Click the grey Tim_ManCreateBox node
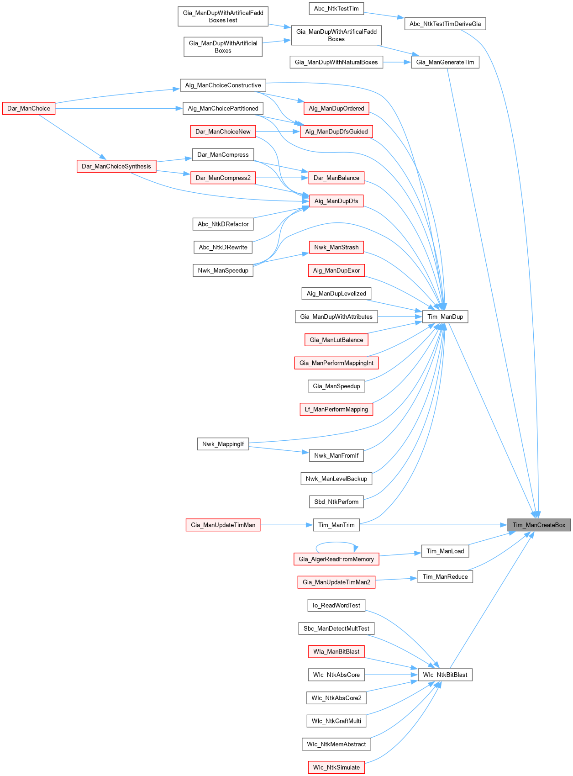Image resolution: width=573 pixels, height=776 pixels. pos(539,525)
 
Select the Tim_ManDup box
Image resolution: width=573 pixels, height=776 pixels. pos(445,317)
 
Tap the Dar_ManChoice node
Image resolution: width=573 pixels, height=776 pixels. pos(29,108)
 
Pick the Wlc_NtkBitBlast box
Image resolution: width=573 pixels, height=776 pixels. pos(445,675)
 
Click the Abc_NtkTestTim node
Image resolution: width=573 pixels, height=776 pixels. pos(336,8)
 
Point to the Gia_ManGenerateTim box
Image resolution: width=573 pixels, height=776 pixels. pos(445,62)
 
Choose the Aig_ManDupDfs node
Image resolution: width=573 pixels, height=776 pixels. pos(336,201)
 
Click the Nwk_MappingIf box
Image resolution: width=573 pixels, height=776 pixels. pos(223,444)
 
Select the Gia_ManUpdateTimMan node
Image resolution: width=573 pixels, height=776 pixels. pos(223,525)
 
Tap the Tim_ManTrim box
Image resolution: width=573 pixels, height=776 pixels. pos(336,525)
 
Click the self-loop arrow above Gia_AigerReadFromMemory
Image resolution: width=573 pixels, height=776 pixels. pos(336,543)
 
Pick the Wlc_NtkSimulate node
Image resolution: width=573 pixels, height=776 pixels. pos(336,767)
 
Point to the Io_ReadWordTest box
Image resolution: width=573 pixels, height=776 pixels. pos(336,605)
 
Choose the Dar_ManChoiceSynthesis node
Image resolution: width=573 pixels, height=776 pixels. pos(116,166)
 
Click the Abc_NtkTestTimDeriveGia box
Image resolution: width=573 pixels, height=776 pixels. pos(445,24)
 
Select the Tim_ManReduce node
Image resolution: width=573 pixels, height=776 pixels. pos(445,576)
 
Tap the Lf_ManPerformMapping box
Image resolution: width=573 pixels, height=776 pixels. pos(336,409)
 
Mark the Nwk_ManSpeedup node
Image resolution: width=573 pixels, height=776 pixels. pos(223,270)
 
